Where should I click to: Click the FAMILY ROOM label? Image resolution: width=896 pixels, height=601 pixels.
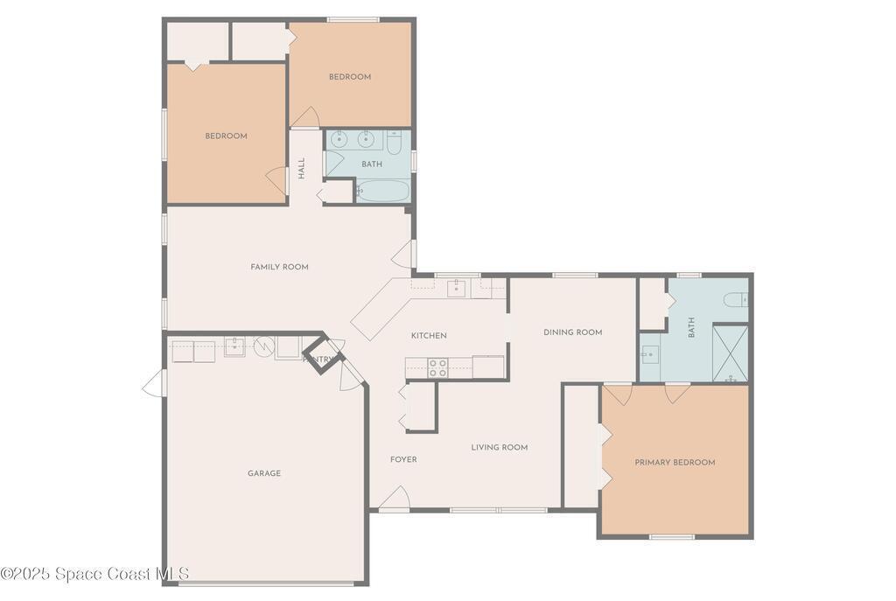pos(279,267)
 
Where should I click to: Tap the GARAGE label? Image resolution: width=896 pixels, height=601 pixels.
pos(264,473)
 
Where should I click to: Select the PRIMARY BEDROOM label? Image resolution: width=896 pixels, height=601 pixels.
pos(675,462)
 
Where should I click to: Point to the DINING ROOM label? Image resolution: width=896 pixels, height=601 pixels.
pos(572,332)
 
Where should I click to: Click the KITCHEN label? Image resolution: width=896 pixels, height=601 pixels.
pos(429,335)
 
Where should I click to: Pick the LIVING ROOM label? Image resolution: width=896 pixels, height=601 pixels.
pos(500,447)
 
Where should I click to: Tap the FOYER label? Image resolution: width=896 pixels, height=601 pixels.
pos(403,459)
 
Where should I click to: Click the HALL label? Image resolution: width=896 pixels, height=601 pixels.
pos(301,169)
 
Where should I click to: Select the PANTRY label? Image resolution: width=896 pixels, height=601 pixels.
pos(318,360)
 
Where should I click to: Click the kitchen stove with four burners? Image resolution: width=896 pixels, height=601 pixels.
pos(438,367)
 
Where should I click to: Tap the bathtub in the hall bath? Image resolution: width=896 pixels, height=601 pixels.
pos(383,191)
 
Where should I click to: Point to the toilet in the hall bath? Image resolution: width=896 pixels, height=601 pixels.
pos(395,143)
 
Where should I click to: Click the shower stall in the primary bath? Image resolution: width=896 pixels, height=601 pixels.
pos(731,353)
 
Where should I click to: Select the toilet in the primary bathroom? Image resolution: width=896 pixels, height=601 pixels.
pos(736,299)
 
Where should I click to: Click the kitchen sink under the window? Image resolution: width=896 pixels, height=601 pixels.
pos(457,289)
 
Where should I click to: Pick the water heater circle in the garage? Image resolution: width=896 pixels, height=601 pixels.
pos(264,346)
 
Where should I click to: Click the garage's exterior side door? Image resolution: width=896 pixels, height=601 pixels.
pos(154,383)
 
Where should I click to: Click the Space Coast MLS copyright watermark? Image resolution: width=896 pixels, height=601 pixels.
pos(94,574)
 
